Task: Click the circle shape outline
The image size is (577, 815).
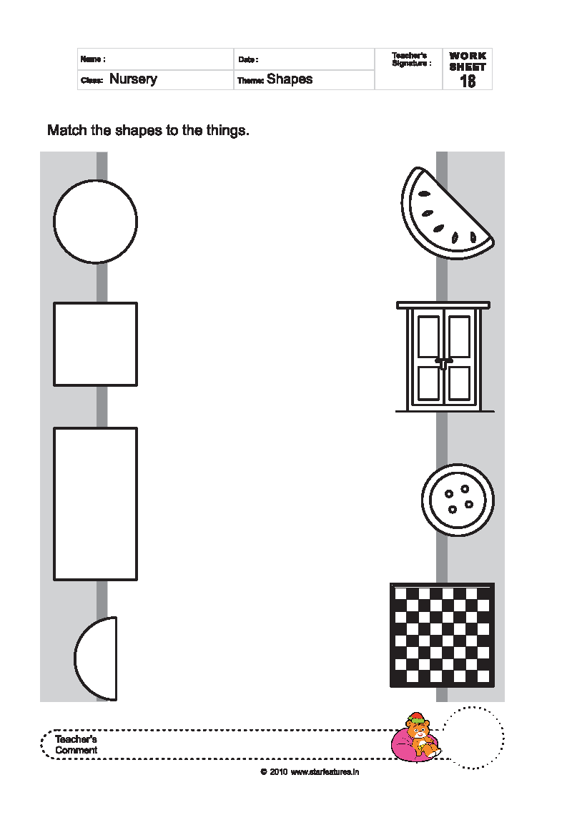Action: tap(54, 222)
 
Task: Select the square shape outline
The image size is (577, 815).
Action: tap(54, 344)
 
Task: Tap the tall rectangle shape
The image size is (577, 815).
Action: tap(54, 504)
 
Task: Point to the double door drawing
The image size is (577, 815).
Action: tap(443, 357)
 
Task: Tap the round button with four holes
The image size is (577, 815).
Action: tap(458, 500)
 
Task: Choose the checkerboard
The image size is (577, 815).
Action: tap(442, 635)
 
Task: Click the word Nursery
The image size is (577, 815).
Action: tap(133, 79)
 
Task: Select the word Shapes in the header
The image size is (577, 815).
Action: tap(290, 79)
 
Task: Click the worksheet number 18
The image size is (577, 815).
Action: tap(468, 81)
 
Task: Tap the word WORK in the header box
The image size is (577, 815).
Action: tap(468, 56)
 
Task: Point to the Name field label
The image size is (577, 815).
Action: tap(93, 59)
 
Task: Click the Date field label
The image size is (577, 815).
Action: tap(248, 60)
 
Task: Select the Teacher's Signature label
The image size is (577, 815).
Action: tap(411, 59)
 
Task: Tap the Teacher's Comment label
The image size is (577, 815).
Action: tap(76, 744)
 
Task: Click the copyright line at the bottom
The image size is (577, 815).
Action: tap(310, 772)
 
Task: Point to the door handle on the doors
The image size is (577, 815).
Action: tap(443, 362)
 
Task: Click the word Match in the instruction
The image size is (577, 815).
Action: tap(66, 130)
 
